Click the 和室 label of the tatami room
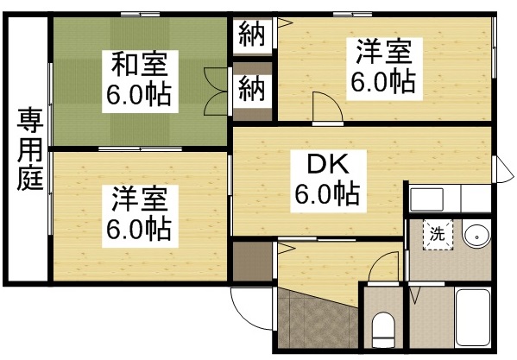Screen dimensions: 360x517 138,64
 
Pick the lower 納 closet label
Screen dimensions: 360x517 251,88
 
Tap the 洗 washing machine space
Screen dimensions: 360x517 438,232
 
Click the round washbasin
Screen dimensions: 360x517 475,235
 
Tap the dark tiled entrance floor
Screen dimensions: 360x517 315,324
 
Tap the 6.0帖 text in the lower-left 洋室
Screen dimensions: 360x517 138,229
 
